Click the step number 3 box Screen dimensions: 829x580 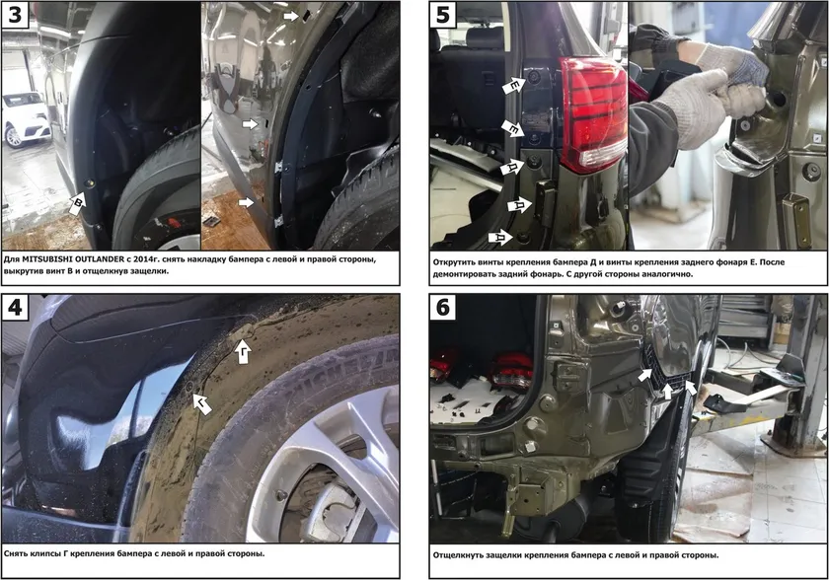pyautogui.click(x=15, y=14)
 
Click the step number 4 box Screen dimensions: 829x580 pyautogui.click(x=15, y=308)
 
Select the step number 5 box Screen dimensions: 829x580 pyautogui.click(x=443, y=14)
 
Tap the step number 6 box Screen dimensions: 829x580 pyautogui.click(x=443, y=308)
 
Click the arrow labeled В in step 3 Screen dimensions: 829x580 pyautogui.click(x=77, y=203)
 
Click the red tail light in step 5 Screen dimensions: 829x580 pyautogui.click(x=593, y=113)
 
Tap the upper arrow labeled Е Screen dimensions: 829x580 pyautogui.click(x=513, y=86)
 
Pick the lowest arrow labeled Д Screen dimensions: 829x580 pyautogui.click(x=499, y=238)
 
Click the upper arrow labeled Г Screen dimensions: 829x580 pyautogui.click(x=243, y=350)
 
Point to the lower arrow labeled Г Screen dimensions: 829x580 pyautogui.click(x=202, y=403)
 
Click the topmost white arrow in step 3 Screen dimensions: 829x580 pyautogui.click(x=291, y=17)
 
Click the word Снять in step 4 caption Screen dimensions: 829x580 pyautogui.click(x=17, y=554)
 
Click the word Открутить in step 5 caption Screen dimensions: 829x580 pyautogui.click(x=455, y=262)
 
